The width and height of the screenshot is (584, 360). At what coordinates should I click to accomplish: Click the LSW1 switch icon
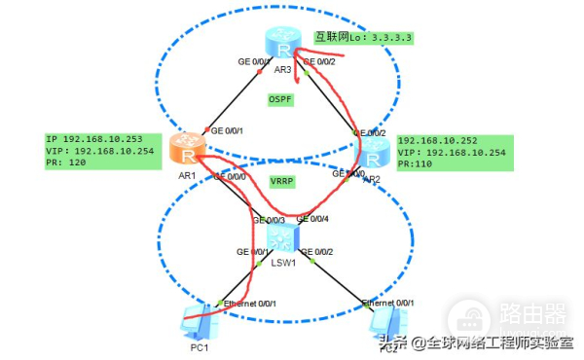(x=279, y=234)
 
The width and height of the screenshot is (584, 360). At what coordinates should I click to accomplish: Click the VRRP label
(x=282, y=182)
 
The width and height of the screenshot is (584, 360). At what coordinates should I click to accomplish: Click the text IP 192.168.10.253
(x=93, y=139)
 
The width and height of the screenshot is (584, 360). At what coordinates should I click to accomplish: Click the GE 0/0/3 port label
(x=270, y=220)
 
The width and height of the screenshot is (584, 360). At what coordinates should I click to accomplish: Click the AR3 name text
(x=283, y=70)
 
